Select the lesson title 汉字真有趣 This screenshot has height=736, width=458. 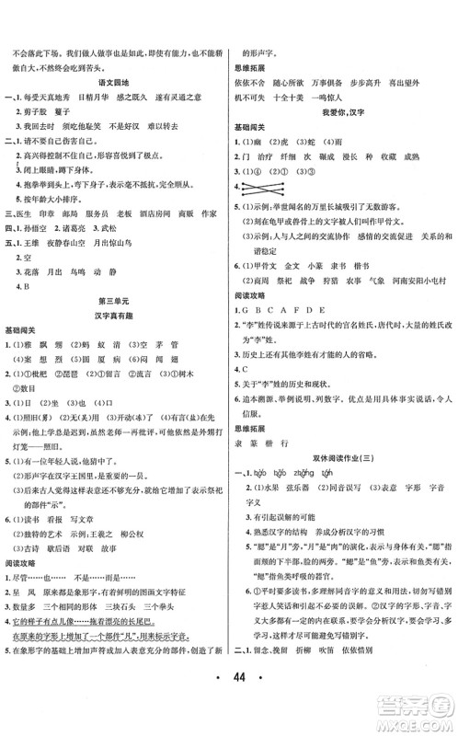pyautogui.click(x=112, y=340)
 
